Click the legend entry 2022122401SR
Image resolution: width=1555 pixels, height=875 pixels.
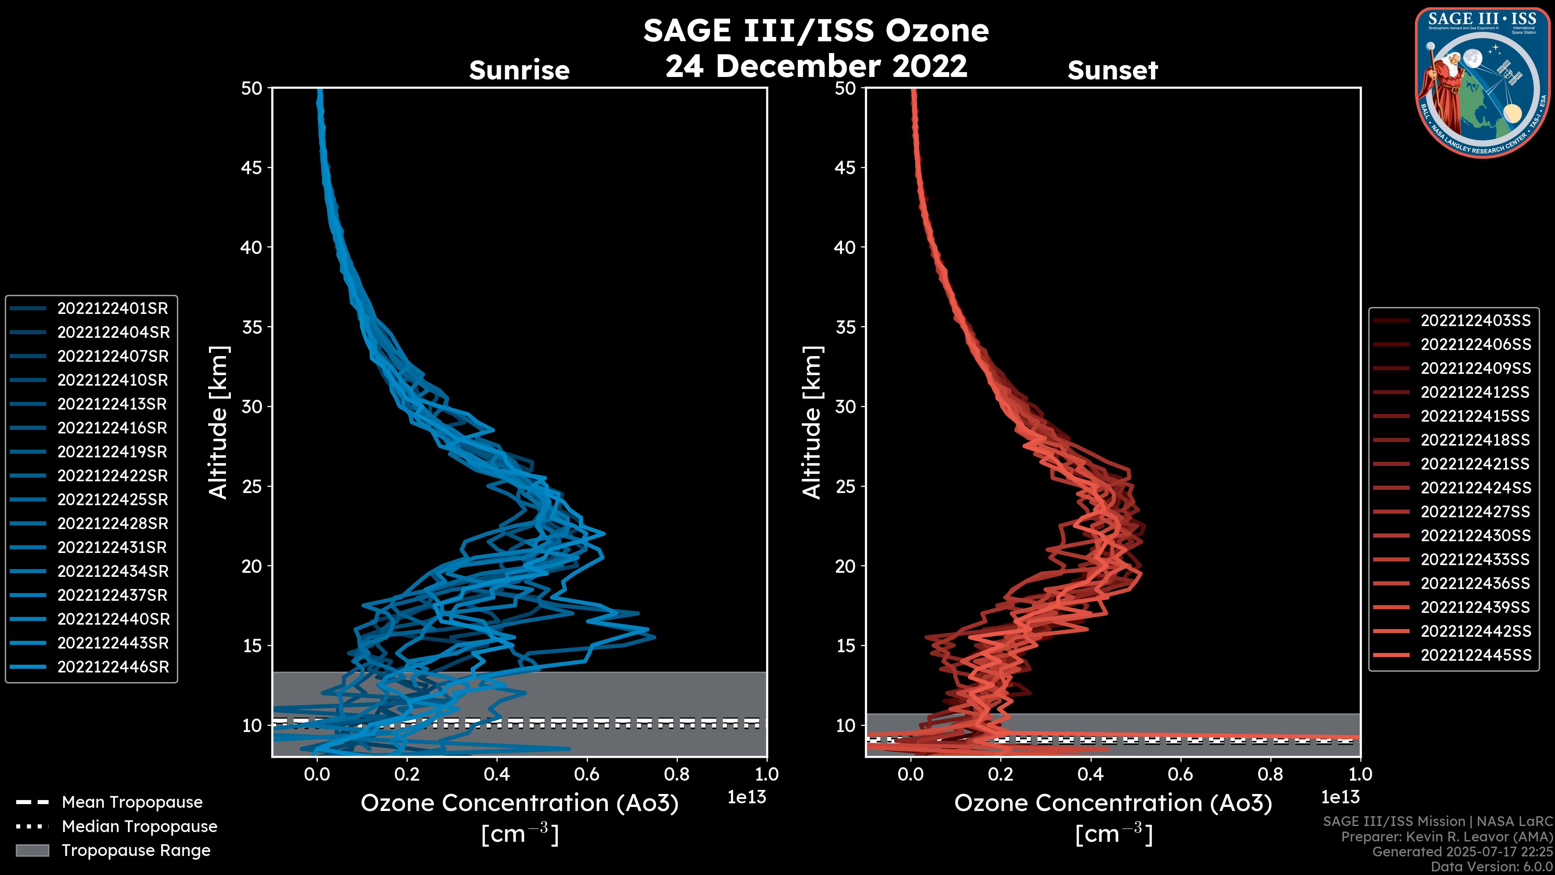click(112, 309)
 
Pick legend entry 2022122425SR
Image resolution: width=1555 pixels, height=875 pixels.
click(112, 500)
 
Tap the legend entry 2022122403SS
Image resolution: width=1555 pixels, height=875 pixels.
click(1475, 321)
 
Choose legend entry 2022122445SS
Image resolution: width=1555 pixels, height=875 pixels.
click(1475, 655)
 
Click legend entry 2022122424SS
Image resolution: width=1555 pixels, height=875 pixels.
click(1475, 488)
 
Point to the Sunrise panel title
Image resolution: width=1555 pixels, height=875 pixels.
click(519, 70)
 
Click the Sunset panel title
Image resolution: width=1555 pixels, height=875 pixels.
click(1112, 70)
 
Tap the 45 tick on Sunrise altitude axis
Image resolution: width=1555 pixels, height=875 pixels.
click(252, 168)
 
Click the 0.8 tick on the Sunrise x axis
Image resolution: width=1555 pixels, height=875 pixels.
click(676, 774)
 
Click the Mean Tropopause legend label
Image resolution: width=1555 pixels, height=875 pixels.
click(132, 802)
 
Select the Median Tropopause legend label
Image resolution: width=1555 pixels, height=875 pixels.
click(139, 827)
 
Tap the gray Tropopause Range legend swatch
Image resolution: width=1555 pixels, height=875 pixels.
click(32, 851)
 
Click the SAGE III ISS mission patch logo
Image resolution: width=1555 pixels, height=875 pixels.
click(1483, 82)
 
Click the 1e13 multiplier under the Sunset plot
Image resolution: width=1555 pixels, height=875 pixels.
click(1340, 798)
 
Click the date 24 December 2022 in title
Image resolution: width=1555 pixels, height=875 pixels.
click(816, 66)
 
